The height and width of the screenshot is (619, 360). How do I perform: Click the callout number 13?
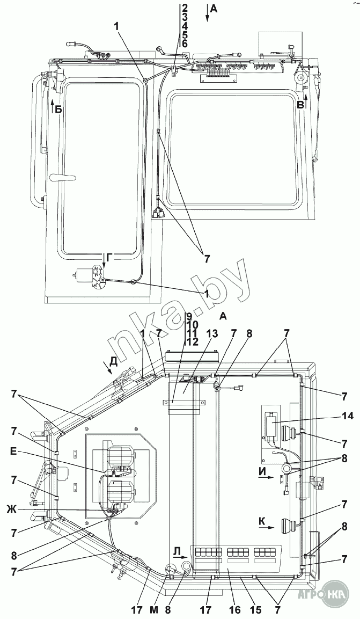tap(212, 333)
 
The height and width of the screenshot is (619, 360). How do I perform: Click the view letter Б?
tap(58, 110)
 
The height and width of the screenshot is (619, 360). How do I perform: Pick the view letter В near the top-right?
tap(301, 105)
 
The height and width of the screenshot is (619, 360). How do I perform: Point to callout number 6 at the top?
tap(185, 44)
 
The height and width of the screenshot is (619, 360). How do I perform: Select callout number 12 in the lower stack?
tap(193, 343)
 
